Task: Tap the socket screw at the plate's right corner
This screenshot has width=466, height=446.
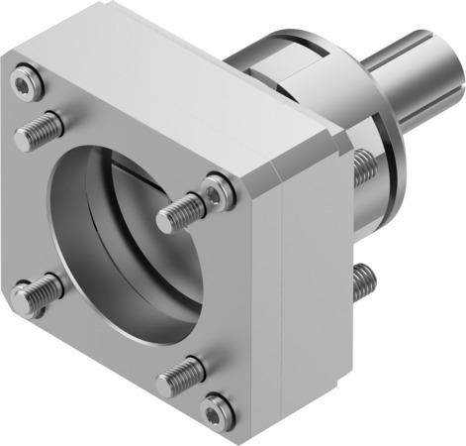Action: [218, 189]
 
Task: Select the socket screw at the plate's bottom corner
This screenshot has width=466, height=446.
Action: [217, 407]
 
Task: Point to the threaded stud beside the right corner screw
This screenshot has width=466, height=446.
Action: [183, 211]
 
